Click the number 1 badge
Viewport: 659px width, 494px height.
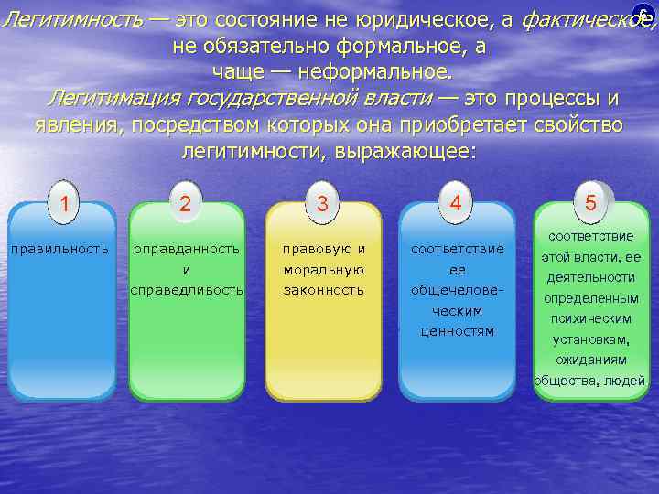tap(63, 201)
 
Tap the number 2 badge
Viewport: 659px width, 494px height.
tap(186, 203)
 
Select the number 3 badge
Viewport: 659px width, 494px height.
tap(322, 203)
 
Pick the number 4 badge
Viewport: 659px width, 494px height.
tap(456, 199)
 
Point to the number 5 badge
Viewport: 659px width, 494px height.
tap(590, 201)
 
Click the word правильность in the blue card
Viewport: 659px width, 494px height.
tap(59, 248)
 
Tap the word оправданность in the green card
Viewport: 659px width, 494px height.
tap(187, 248)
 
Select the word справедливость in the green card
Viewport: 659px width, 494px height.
tap(187, 289)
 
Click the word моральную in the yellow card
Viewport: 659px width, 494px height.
tap(324, 269)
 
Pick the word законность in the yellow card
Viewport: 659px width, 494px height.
tap(324, 289)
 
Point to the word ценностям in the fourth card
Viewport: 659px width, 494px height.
tap(457, 330)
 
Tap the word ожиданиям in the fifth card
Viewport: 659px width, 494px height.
tap(590, 360)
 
